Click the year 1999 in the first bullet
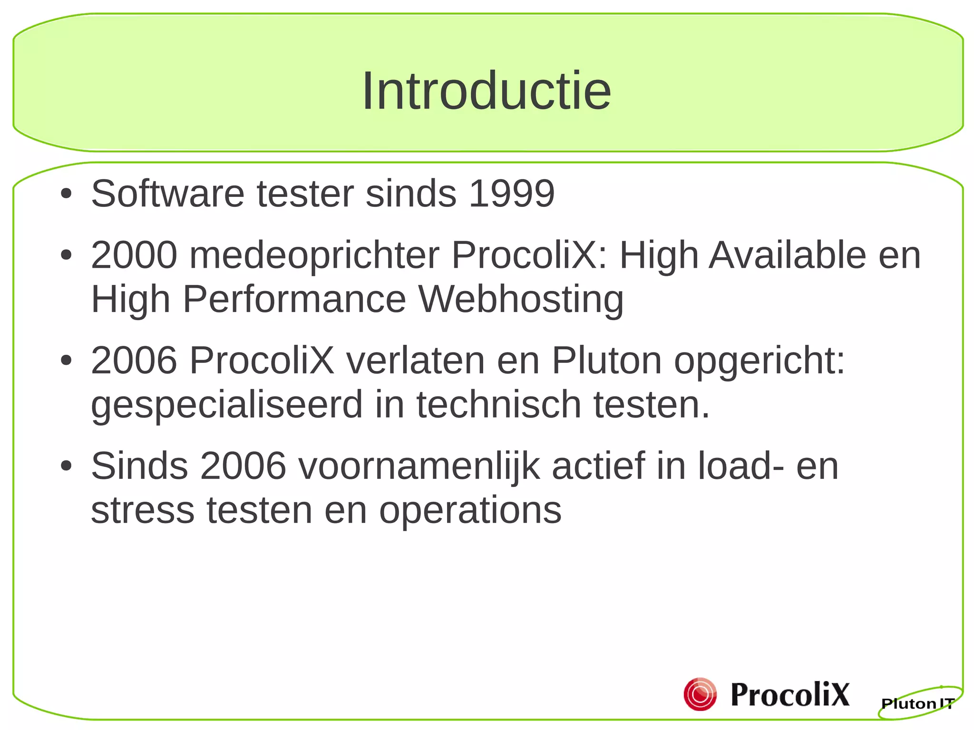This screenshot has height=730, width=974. pos(511,194)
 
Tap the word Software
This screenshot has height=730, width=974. pos(168,194)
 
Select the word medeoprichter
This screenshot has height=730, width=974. pos(314,255)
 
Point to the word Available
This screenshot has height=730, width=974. pos(788,255)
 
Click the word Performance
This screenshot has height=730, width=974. pos(294,299)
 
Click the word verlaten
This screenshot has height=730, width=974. pos(415,360)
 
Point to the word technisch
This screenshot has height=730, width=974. pos(499,404)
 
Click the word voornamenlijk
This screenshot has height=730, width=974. pos(419,467)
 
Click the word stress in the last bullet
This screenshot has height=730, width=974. pos(143,510)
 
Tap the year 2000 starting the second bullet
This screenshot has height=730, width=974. pos(134,255)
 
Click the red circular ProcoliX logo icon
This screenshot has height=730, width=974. pos(700,694)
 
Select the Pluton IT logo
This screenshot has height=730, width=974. pos(918,702)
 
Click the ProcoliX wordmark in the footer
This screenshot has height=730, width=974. pos(789,694)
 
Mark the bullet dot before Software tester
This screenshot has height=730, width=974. pos(66,194)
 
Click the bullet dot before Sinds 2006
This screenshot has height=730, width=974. pos(66,466)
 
